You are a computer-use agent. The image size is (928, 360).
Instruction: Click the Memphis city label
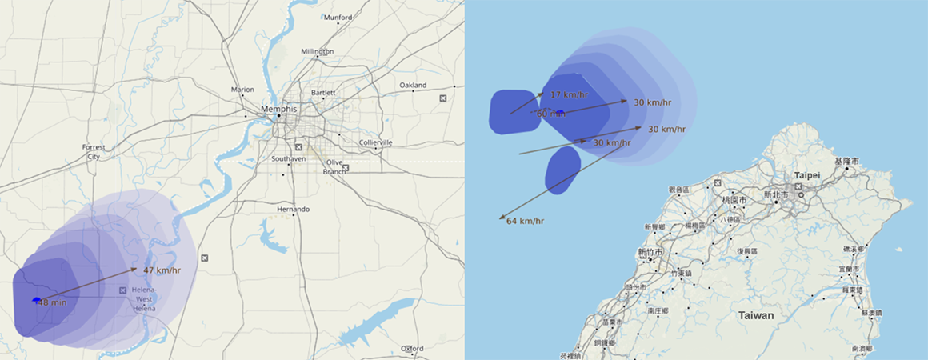tap(278, 109)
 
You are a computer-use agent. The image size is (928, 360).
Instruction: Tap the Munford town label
tap(338, 18)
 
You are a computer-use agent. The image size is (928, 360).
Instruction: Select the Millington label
tap(317, 51)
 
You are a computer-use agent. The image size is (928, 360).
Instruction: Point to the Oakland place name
tap(413, 85)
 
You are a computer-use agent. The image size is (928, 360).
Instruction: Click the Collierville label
tap(375, 142)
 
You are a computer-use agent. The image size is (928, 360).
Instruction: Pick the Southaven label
tap(288, 158)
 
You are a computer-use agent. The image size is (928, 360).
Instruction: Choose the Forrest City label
tap(94, 152)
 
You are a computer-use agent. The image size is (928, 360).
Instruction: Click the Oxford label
tap(412, 349)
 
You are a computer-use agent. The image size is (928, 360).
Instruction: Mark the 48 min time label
tap(53, 302)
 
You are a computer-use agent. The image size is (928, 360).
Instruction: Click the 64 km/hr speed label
tap(525, 221)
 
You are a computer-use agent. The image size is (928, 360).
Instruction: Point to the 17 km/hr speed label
tap(569, 95)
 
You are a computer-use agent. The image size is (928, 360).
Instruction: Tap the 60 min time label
tap(551, 114)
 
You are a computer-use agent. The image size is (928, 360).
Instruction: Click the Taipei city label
tap(808, 174)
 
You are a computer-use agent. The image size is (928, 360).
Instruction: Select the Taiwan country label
tap(756, 316)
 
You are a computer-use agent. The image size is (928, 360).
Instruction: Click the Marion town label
tap(242, 90)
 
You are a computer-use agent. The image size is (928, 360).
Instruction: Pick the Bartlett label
tap(323, 93)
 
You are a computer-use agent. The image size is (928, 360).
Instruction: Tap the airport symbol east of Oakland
tap(443, 98)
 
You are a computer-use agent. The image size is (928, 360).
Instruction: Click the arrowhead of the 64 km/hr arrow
tap(500, 217)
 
